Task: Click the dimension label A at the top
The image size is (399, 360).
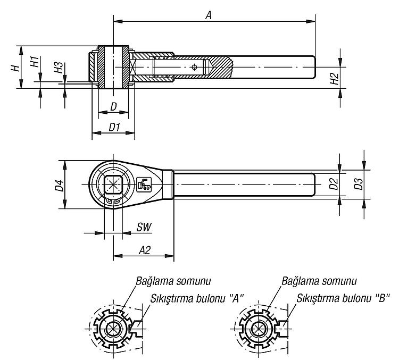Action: point(209,15)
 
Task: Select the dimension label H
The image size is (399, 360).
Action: point(15,68)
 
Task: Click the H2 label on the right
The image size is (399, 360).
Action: point(334,79)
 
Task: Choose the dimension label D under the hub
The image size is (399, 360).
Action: point(114,107)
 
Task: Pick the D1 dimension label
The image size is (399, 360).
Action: point(114,127)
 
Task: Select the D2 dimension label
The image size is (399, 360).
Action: point(334,184)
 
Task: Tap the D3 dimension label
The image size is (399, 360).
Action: point(358,184)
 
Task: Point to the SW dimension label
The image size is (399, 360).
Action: point(144,227)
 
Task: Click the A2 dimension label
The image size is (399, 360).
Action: point(145,250)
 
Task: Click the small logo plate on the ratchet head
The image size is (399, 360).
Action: point(144,184)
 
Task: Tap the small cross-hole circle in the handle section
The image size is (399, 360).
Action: point(194,67)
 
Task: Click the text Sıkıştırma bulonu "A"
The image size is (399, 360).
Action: point(197,298)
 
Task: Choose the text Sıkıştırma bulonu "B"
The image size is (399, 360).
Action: point(343,298)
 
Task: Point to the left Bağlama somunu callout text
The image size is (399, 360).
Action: point(173,281)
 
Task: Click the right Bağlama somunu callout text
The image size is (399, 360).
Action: point(319,281)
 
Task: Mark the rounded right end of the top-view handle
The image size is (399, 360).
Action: point(315,185)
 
